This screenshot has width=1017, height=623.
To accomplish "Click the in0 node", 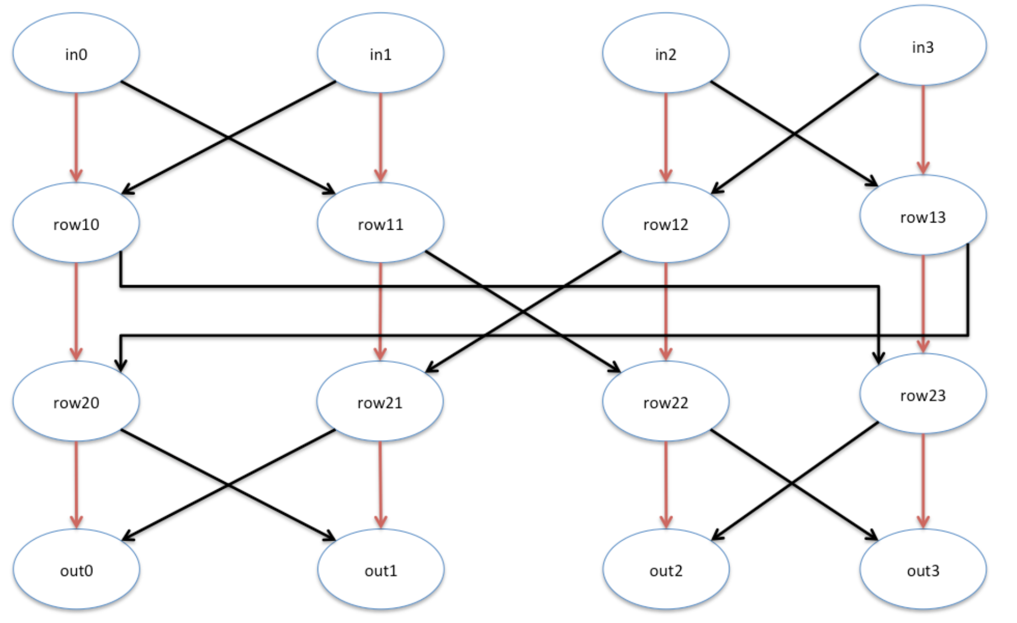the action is click(x=76, y=53).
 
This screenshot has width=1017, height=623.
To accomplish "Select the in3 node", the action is click(x=923, y=46).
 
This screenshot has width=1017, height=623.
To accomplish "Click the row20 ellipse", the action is click(x=76, y=401).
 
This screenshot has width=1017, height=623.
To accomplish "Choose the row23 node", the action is click(x=923, y=394).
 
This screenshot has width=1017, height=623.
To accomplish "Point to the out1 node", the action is click(x=380, y=569).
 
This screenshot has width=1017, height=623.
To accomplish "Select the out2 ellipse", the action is click(x=666, y=569).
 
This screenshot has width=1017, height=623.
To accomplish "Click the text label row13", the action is click(x=923, y=218).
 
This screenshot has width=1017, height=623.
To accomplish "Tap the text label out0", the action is click(x=76, y=571).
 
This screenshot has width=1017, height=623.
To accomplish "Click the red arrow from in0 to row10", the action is click(x=76, y=138).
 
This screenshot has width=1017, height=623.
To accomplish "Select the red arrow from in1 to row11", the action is click(x=380, y=138).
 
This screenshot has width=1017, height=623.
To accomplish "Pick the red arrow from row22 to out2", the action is click(x=666, y=485).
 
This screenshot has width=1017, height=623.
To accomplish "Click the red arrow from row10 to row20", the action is click(x=76, y=312).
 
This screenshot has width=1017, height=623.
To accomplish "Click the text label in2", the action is click(x=666, y=54).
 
